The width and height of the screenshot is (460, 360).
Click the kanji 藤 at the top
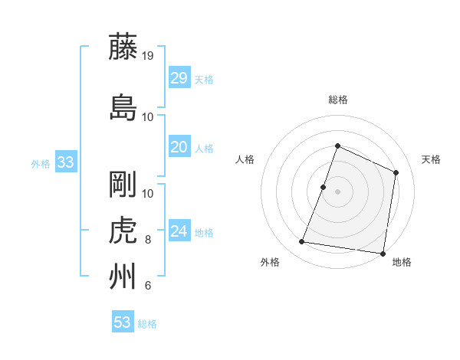(x=123, y=47)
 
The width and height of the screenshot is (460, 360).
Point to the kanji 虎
(x=123, y=231)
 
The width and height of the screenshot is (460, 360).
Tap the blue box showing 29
(x=179, y=78)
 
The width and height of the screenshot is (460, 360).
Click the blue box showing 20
(x=179, y=147)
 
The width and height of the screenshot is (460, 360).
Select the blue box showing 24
(x=179, y=231)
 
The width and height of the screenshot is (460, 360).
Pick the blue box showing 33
(x=65, y=162)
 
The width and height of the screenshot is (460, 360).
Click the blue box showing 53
(x=122, y=322)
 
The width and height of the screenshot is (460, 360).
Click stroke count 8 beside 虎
(x=148, y=240)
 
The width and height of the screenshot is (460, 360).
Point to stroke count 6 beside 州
(x=148, y=286)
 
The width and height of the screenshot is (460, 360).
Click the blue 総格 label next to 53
(x=147, y=324)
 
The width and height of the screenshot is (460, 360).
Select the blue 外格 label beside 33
(x=41, y=163)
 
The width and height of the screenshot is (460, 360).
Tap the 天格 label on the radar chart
(x=431, y=159)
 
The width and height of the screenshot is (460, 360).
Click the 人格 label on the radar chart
(x=245, y=159)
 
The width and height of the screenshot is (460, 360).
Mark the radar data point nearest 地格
(x=382, y=254)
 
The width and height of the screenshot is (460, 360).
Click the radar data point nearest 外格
(x=302, y=242)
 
